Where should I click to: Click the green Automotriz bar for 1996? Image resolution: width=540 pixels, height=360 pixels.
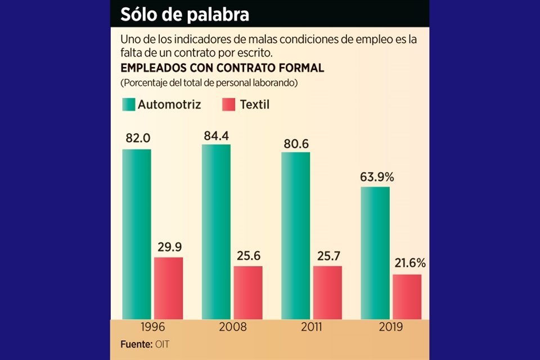tap(137, 234)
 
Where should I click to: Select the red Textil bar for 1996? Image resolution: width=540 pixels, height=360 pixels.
tap(169, 288)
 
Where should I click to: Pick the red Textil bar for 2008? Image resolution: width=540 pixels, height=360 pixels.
tap(248, 292)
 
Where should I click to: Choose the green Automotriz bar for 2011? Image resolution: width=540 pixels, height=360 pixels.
tap(295, 236)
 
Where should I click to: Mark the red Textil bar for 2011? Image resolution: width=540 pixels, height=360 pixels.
tap(327, 292)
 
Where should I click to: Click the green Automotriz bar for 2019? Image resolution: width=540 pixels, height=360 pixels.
tap(375, 253)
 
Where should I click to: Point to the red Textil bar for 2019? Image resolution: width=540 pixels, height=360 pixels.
tap(407, 296)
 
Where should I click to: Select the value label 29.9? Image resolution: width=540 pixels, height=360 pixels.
tap(169, 247)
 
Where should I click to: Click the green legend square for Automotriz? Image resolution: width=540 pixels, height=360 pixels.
tap(128, 105)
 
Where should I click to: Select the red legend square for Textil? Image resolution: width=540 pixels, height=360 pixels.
tap(229, 105)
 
